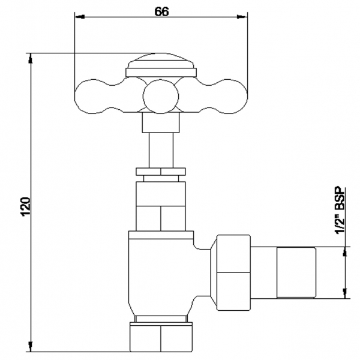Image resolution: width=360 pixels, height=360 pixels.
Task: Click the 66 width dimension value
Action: pos(161,11)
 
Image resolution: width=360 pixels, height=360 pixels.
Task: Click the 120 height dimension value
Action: pos(26,206)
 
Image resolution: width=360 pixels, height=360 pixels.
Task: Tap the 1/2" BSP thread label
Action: pos(340,211)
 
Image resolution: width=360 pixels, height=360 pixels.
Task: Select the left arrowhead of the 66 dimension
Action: pos(80,17)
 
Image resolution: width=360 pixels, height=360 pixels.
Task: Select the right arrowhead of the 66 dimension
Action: pos(242,17)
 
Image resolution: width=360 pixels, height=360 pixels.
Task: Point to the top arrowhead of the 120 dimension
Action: pos(30,58)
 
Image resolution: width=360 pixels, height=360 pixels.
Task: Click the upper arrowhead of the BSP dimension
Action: pos(345,251)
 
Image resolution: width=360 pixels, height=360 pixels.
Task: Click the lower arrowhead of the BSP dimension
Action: pos(345,293)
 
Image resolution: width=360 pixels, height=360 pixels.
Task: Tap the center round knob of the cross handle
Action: pos(160,97)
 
